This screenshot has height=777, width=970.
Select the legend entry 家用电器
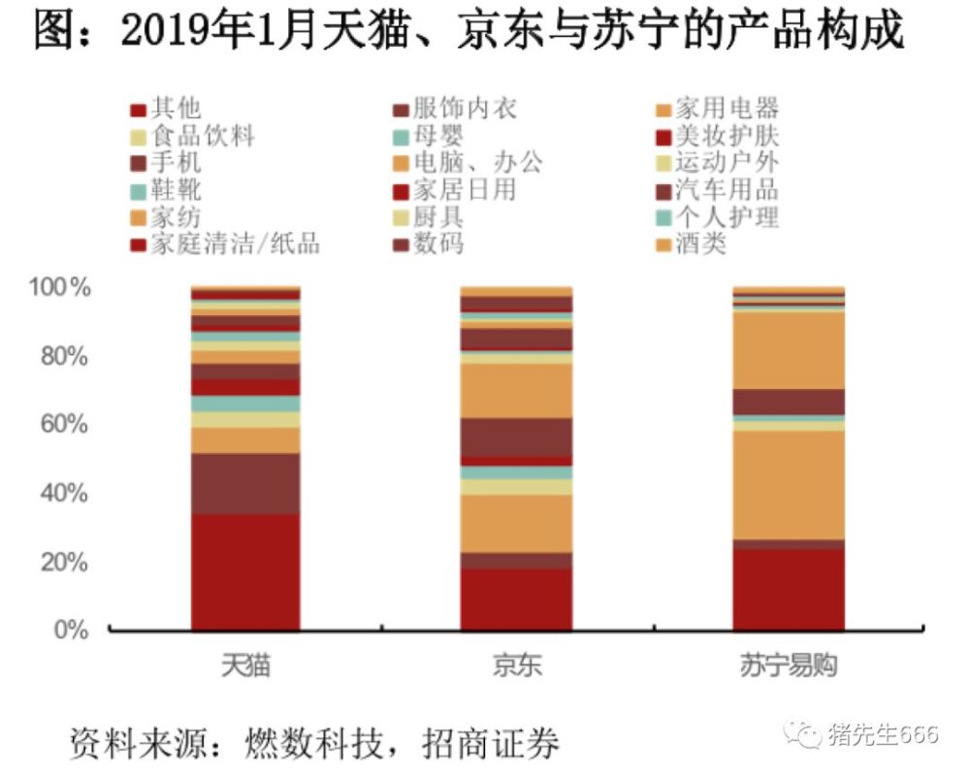pos(727,109)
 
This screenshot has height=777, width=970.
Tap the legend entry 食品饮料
pos(203,136)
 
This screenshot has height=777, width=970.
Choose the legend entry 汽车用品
pos(727,189)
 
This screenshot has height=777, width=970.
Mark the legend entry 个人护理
pos(727,215)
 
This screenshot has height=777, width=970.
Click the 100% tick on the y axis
pos(59,287)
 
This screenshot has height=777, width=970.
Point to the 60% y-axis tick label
pos(64,425)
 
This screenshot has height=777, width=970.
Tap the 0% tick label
pos(71,631)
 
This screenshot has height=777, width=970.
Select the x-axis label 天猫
pos(244,668)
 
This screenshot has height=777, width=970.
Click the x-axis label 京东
pos(515,668)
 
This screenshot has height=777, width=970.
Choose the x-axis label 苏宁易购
pos(788,668)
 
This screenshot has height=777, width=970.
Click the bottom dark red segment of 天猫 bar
pos(245,572)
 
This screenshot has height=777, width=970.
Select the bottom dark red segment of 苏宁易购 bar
pos(788,590)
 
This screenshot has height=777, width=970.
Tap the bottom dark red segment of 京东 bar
pos(516,599)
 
